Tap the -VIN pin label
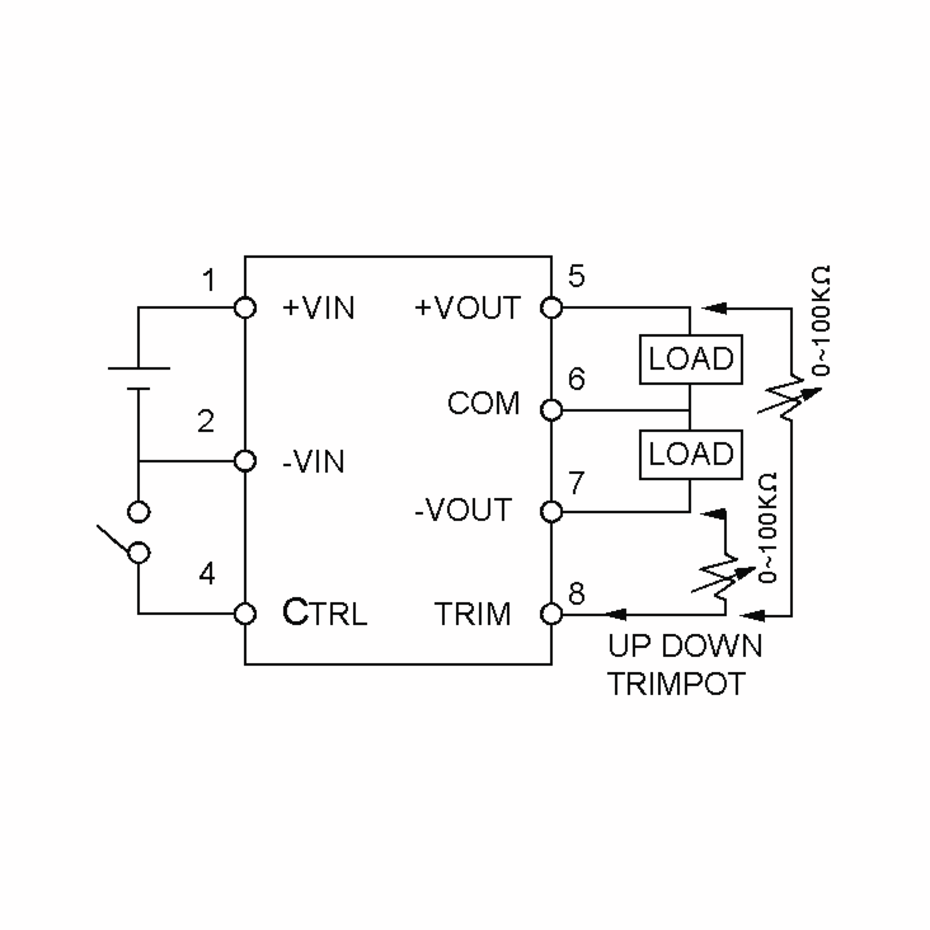tap(313, 462)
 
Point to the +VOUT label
tap(467, 308)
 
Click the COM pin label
tap(483, 403)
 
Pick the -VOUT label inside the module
tap(463, 510)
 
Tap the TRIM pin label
tap(472, 614)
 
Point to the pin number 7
tap(577, 482)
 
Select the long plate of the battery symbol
tap(139, 368)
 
